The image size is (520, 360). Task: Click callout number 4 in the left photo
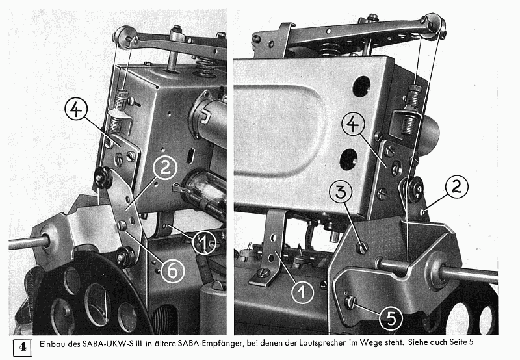(x=76, y=110)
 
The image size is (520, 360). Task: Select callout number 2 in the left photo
(x=165, y=168)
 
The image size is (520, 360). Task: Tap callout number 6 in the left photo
(x=172, y=271)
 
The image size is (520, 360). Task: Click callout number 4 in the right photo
(x=353, y=123)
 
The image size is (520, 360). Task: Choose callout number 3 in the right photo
(x=341, y=192)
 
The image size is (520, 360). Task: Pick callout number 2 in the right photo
(x=457, y=186)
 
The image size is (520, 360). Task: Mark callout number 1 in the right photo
(x=303, y=292)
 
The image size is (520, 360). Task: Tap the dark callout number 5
(x=391, y=319)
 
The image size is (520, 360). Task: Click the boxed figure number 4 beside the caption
(x=22, y=348)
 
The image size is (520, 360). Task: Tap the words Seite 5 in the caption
(x=461, y=342)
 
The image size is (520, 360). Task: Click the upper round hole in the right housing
(x=362, y=86)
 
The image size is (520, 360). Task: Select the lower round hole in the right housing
(x=348, y=159)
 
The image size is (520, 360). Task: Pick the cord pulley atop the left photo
(x=125, y=36)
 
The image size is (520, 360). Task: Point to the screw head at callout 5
(x=350, y=302)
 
